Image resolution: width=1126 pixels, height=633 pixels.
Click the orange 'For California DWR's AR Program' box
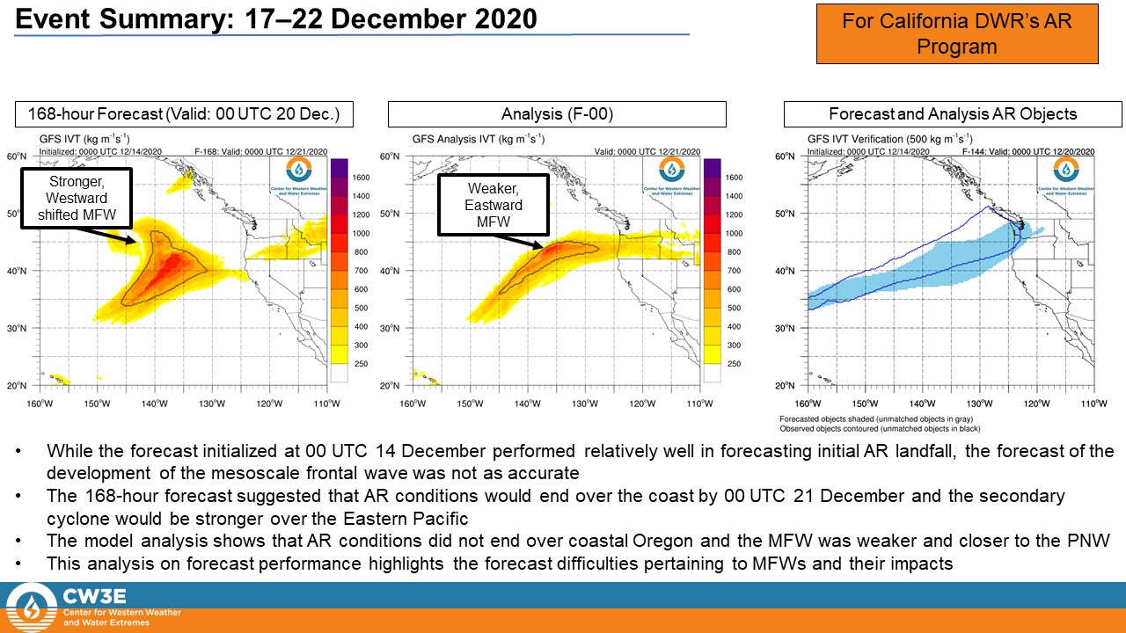tap(957, 33)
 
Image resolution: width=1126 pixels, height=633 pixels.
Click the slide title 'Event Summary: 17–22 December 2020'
tap(276, 18)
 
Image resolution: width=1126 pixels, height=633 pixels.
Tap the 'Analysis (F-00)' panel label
tap(557, 114)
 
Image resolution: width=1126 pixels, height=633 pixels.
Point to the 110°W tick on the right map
tap(1093, 404)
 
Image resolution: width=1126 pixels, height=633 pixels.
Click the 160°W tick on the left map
tap(40, 404)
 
